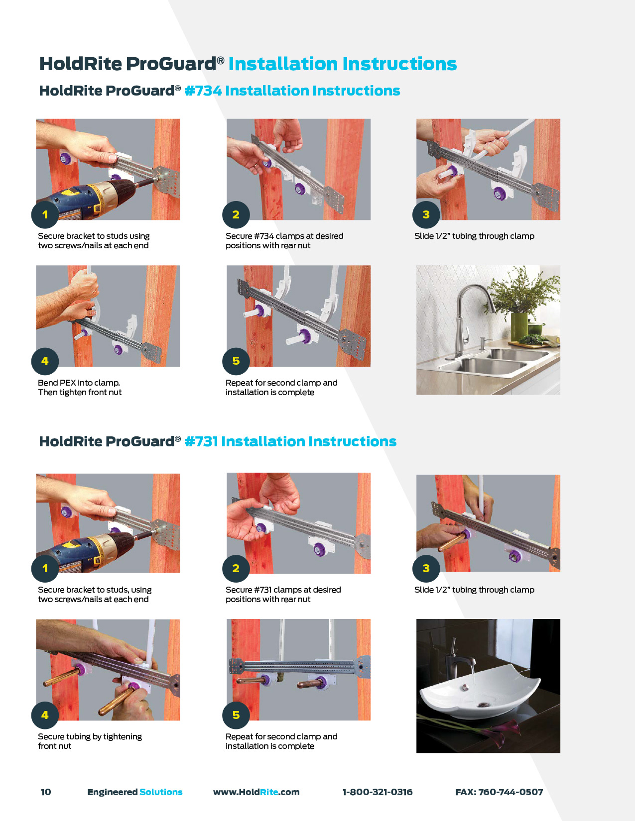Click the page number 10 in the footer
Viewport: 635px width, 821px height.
coord(46,792)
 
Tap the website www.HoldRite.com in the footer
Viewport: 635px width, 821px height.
coord(256,792)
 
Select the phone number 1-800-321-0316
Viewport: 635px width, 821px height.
coord(378,792)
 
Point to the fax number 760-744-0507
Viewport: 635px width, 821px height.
coord(510,792)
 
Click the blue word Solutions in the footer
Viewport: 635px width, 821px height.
coord(161,792)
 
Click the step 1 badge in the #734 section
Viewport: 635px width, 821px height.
coord(45,214)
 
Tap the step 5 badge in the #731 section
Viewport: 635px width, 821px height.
coord(236,715)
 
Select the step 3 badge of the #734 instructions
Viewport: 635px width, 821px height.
coord(426,214)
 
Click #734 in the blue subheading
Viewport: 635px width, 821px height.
coord(203,91)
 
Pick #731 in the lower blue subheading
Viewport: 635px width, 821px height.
coord(201,441)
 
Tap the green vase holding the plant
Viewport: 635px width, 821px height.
coord(519,327)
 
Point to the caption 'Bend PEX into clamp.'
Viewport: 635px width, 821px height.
coord(79,383)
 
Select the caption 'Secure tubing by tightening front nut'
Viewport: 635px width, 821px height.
coord(90,741)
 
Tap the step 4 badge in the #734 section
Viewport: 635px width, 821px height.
coord(45,361)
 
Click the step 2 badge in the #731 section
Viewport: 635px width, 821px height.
coord(236,568)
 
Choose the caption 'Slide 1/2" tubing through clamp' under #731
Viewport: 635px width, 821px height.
coord(474,590)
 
